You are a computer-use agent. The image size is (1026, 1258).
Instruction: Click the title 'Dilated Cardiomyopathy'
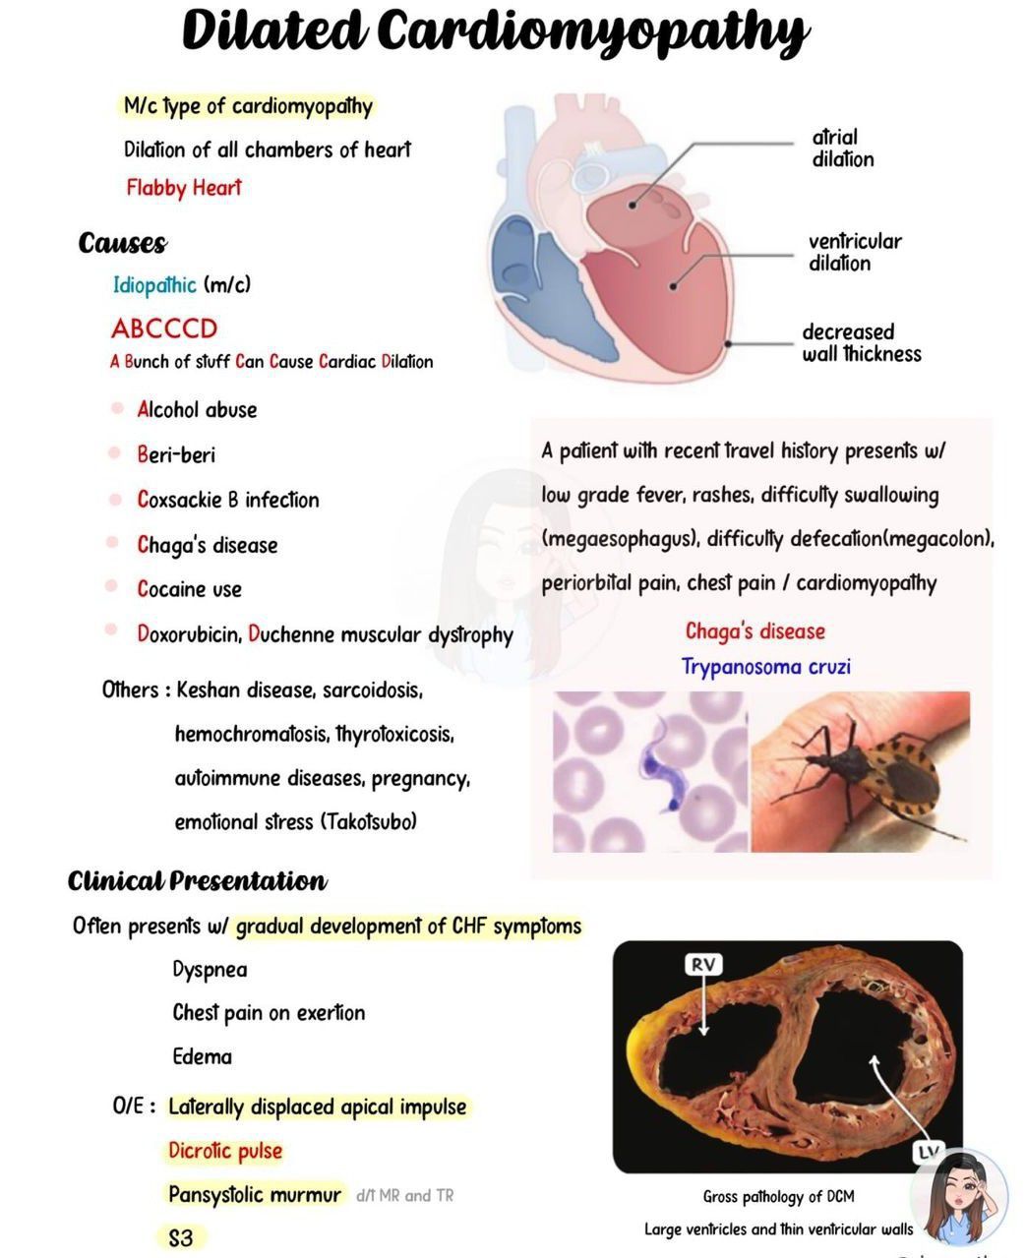click(495, 31)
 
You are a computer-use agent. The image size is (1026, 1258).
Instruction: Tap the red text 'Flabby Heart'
click(183, 187)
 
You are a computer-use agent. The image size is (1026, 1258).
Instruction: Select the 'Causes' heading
click(122, 243)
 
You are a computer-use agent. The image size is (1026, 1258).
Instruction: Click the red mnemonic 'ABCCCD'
click(163, 328)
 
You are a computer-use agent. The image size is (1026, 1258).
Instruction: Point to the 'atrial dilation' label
click(842, 149)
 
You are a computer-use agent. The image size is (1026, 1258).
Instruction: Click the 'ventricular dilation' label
click(854, 252)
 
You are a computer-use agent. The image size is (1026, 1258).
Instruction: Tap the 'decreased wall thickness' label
click(861, 342)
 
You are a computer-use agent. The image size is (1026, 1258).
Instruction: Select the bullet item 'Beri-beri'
click(176, 454)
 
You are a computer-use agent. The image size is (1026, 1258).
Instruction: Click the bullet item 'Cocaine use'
click(189, 588)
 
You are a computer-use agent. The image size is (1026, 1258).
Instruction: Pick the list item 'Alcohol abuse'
click(197, 410)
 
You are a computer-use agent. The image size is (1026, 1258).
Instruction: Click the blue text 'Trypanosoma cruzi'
click(765, 667)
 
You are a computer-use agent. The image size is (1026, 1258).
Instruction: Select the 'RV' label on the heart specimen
click(702, 965)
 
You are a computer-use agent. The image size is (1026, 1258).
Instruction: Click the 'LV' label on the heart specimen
click(928, 1152)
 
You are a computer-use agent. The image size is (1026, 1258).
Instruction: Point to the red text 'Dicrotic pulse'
click(225, 1151)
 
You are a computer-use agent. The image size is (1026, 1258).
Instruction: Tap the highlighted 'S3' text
click(181, 1237)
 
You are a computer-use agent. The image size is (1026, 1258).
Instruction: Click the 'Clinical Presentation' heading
click(197, 880)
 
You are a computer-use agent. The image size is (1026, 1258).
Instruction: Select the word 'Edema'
click(203, 1056)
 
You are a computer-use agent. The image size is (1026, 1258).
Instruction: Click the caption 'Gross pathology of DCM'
click(778, 1196)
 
